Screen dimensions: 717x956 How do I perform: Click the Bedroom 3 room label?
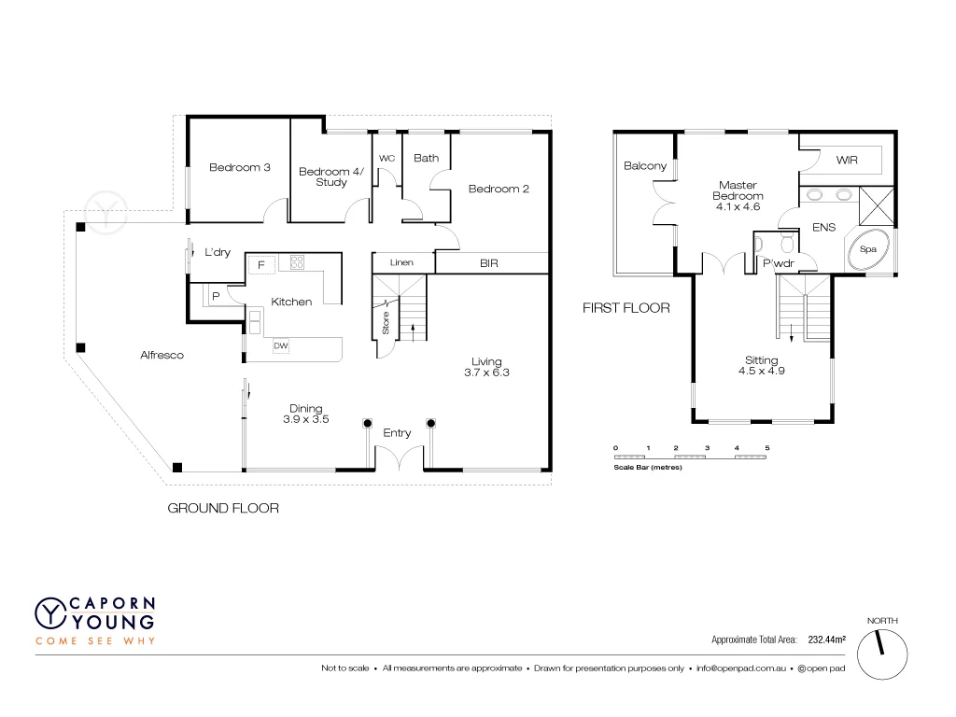pos(239,168)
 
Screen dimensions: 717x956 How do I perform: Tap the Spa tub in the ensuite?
pos(868,250)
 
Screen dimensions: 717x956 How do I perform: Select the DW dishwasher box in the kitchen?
pos(281,346)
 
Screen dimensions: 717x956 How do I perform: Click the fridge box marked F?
pos(261,264)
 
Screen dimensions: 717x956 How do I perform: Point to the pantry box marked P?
pos(216,297)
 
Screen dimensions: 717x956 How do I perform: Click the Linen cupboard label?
pos(401,264)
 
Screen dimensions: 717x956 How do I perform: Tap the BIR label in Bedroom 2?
pos(488,264)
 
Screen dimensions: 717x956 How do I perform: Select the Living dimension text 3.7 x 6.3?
pos(486,373)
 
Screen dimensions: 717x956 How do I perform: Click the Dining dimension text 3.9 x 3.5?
pos(305,420)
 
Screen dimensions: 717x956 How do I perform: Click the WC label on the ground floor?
pos(387,159)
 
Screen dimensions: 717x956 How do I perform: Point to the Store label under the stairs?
pos(385,324)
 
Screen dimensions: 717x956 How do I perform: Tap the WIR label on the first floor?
pos(847,161)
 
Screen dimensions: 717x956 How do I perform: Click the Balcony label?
pos(645,166)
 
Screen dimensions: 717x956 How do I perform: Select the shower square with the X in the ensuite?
pos(877,203)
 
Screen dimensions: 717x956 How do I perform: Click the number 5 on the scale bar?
pos(766,448)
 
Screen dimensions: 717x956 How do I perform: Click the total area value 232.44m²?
pos(826,640)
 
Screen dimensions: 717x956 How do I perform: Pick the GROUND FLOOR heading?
pos(223,509)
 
